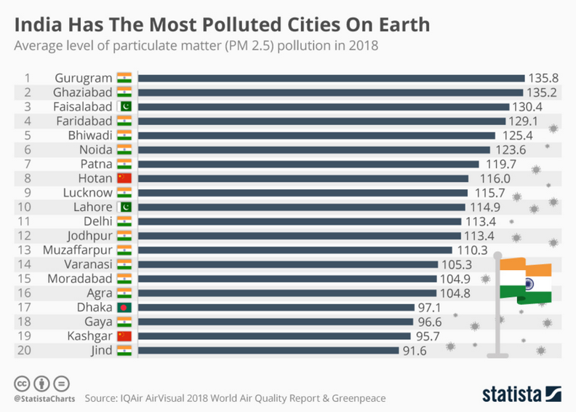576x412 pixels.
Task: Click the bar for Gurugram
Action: coord(331,79)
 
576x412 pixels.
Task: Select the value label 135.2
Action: coord(543,92)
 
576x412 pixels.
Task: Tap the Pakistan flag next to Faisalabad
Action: coord(124,106)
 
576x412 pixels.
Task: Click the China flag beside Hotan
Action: coord(124,178)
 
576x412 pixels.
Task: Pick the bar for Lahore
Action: coord(301,207)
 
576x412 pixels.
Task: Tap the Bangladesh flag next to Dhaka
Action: coord(124,307)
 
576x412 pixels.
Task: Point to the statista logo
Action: coord(522,394)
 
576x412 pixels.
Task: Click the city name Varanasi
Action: coord(88,264)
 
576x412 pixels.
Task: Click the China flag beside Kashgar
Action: coord(124,336)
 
